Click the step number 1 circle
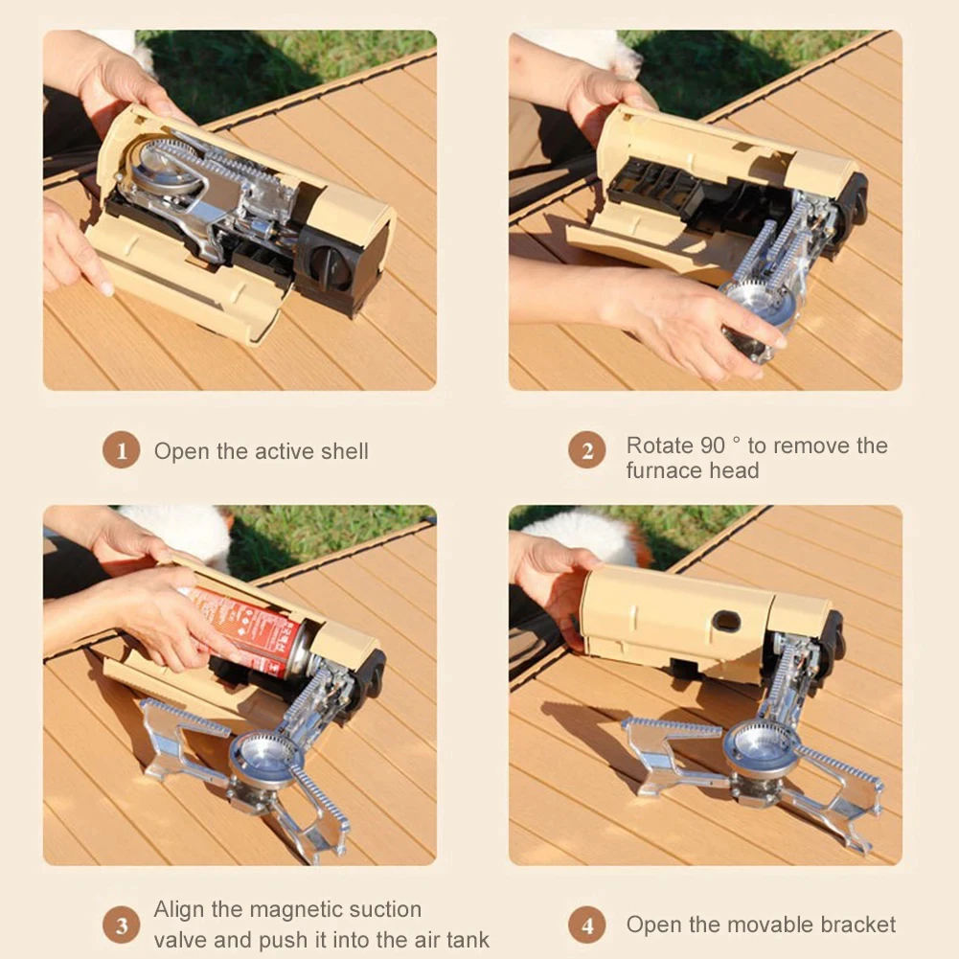coord(121,450)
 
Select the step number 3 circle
coord(121,925)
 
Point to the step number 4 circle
coord(586,925)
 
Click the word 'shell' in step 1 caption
coord(339,451)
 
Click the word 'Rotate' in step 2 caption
coord(659,445)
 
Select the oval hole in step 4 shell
coord(725,621)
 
